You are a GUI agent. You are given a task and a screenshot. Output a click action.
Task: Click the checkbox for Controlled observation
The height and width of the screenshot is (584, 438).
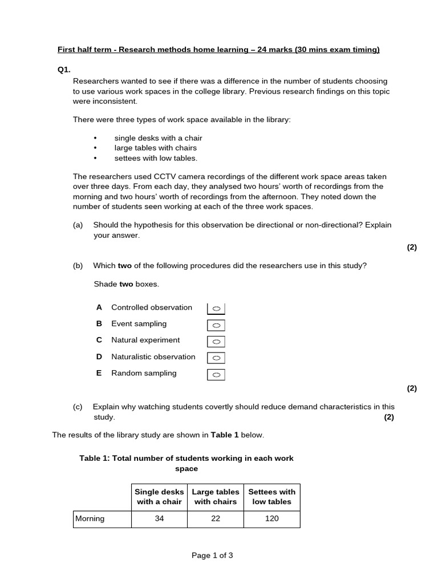click(x=216, y=309)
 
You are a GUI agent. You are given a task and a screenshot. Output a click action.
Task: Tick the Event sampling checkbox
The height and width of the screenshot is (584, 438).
click(x=216, y=325)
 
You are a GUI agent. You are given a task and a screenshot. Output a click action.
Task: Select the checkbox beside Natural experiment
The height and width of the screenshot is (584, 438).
click(x=216, y=342)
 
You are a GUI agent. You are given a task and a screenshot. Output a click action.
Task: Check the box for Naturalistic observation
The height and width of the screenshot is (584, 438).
click(x=216, y=358)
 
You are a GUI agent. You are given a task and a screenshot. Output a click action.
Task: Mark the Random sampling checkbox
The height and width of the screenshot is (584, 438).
click(x=216, y=375)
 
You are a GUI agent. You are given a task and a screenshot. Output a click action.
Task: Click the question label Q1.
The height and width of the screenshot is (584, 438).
click(x=64, y=70)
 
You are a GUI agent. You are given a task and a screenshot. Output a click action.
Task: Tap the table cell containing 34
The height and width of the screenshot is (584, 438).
click(x=159, y=519)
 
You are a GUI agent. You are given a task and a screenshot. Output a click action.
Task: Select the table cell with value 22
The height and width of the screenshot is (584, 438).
click(x=216, y=519)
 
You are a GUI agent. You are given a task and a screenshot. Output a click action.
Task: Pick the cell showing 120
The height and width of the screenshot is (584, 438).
click(x=271, y=519)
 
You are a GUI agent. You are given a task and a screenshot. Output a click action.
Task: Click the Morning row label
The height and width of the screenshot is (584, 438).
click(x=90, y=519)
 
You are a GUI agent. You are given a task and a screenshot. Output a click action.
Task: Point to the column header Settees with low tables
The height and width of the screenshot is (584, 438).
click(x=271, y=497)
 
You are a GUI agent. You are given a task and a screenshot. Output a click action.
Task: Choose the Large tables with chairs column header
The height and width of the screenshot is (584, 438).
click(x=216, y=497)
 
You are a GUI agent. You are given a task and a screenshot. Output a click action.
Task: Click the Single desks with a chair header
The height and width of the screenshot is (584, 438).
click(x=159, y=497)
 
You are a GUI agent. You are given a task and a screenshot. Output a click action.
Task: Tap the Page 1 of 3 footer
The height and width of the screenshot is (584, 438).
click(x=212, y=555)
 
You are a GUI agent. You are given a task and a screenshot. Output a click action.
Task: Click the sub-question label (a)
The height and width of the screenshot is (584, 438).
click(x=78, y=225)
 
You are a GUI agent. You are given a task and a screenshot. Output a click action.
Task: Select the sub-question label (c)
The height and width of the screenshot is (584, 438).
click(x=78, y=407)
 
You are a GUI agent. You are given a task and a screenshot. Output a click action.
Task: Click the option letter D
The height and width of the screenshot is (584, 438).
click(x=99, y=356)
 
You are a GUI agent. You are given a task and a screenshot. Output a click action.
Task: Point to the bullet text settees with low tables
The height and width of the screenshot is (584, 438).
click(x=156, y=158)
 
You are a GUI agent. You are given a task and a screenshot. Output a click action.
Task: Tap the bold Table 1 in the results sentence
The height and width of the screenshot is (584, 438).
click(x=225, y=435)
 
